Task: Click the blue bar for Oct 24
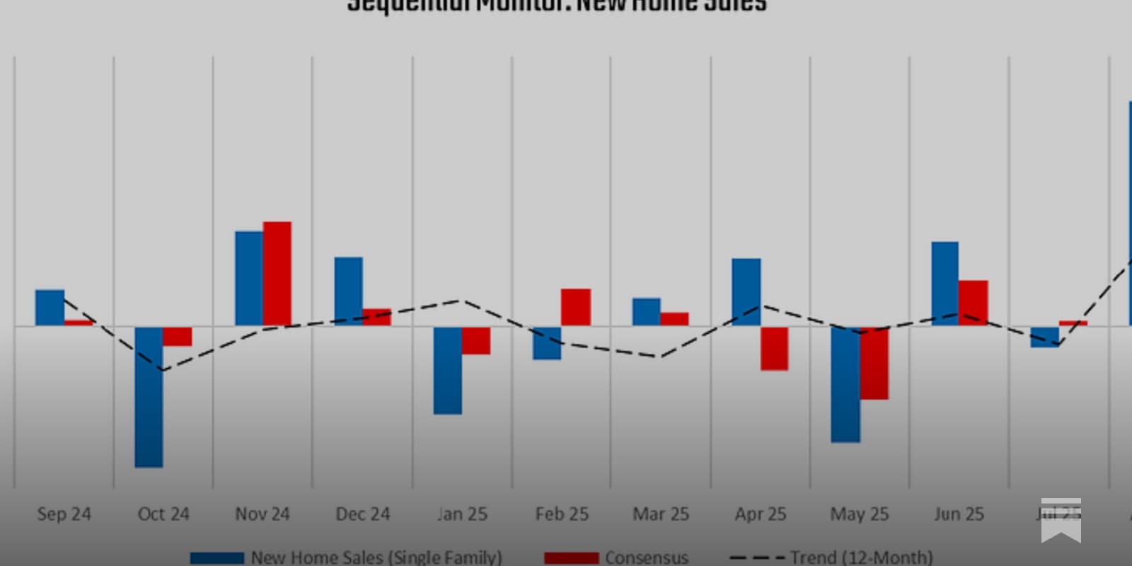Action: (x=149, y=396)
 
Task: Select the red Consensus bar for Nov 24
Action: (x=277, y=274)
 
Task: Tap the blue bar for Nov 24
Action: (x=249, y=278)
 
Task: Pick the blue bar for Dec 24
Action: (x=348, y=291)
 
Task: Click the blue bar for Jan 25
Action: (x=448, y=370)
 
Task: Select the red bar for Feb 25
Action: (x=576, y=307)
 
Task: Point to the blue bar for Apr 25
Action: (x=746, y=291)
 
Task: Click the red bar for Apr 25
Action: (x=775, y=348)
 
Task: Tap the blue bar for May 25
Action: (x=845, y=384)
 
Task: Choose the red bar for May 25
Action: (x=874, y=363)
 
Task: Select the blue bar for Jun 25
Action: (x=945, y=283)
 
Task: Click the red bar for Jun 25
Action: (x=974, y=303)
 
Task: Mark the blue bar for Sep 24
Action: (x=50, y=308)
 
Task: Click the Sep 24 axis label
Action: (x=64, y=514)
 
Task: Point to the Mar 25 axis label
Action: (x=661, y=514)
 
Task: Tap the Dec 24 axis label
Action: (x=362, y=514)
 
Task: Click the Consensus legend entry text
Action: (x=646, y=558)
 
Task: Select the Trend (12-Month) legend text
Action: (x=861, y=558)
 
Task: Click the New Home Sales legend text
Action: (x=376, y=558)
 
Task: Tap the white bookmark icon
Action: (x=1061, y=520)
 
